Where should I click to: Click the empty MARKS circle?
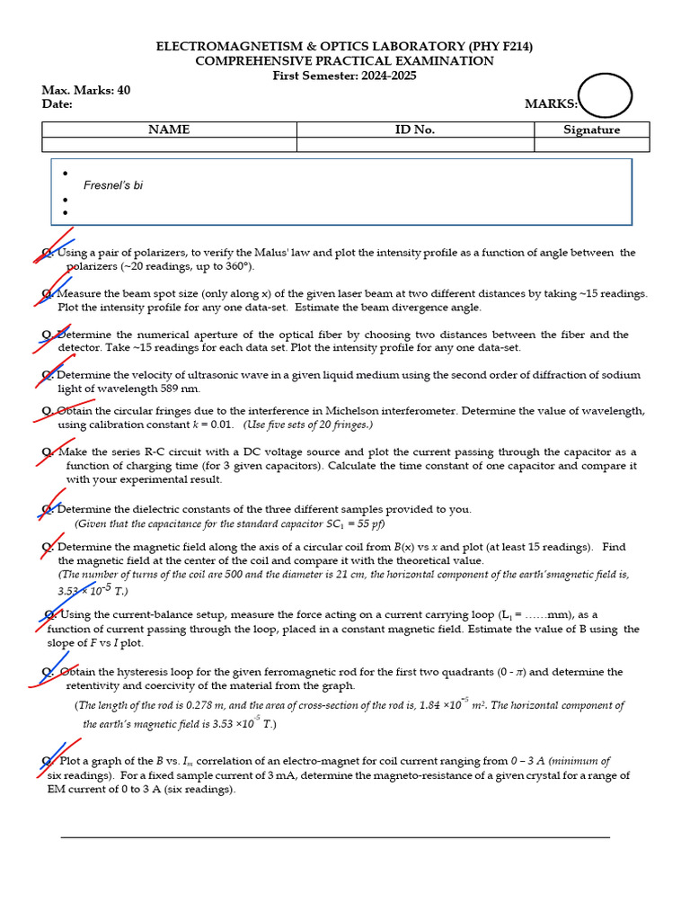[605, 96]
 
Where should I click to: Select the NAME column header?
[169, 130]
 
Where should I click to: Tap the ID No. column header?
[415, 130]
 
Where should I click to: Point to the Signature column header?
[591, 130]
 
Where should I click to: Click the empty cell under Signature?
[591, 144]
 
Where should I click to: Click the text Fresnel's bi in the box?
[113, 185]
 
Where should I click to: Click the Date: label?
[57, 104]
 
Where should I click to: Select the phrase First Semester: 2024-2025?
[344, 76]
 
